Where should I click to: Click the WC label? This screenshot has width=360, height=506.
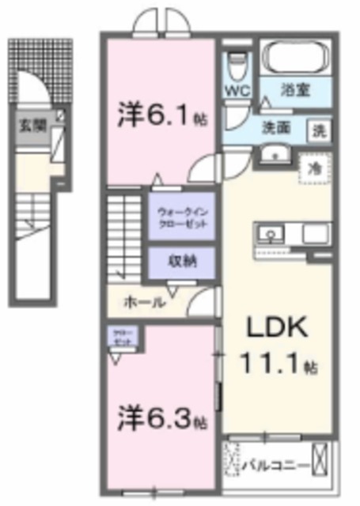tap(237, 90)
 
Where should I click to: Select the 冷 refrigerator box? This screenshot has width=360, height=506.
tap(313, 168)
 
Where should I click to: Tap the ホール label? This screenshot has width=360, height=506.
tap(143, 301)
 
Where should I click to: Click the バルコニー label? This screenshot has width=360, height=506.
tap(275, 464)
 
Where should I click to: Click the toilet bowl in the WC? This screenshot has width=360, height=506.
tap(237, 62)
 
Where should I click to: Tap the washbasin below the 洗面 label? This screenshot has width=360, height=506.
tap(274, 154)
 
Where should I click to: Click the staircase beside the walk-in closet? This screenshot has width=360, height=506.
tap(126, 231)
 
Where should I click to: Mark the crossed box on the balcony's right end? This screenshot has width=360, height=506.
tap(320, 459)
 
